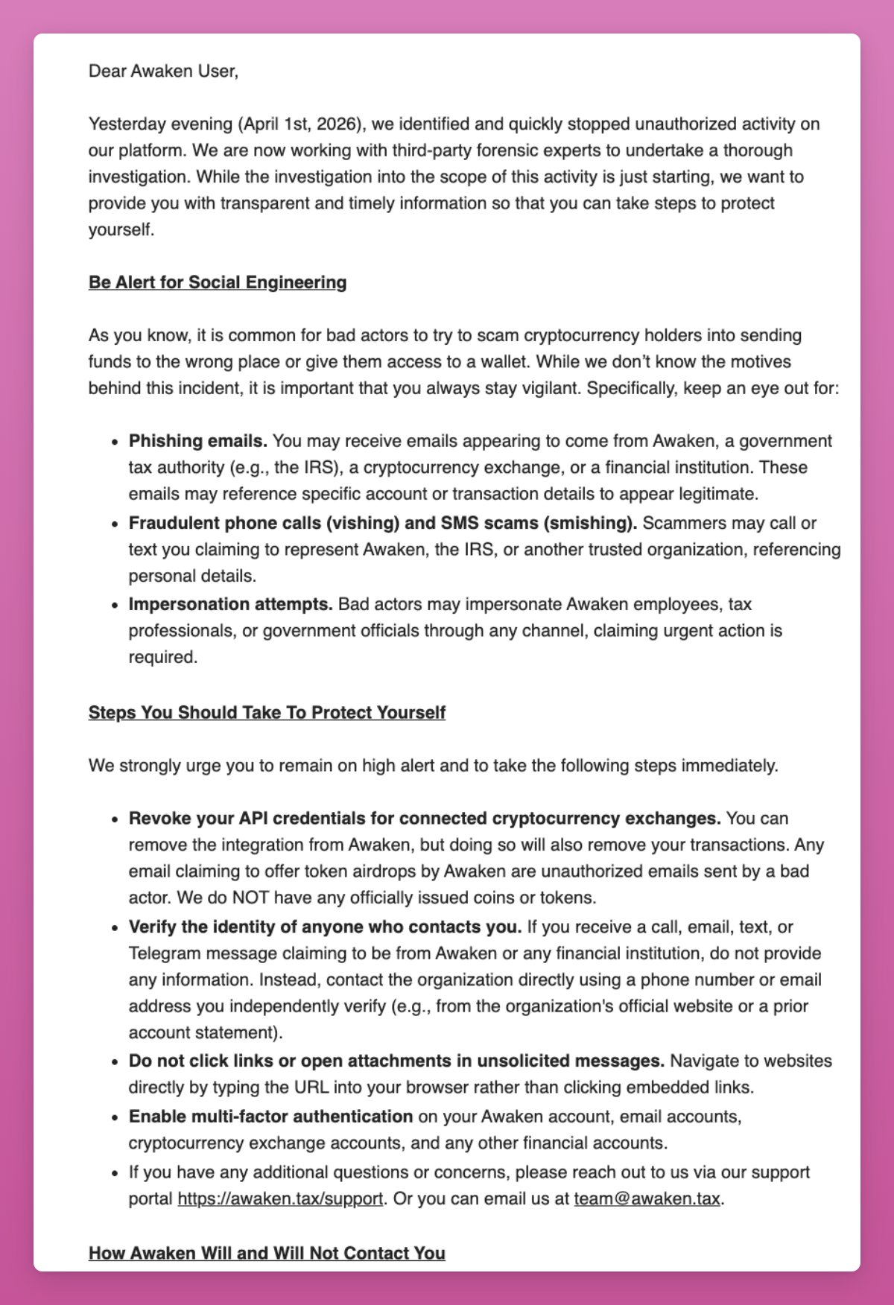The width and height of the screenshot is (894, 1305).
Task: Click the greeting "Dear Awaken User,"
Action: click(x=163, y=72)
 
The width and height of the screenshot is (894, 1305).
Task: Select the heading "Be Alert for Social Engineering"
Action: click(x=218, y=282)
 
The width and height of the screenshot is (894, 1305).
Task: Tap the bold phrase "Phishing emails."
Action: click(x=197, y=441)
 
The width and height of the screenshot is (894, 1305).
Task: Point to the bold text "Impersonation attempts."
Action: click(x=230, y=604)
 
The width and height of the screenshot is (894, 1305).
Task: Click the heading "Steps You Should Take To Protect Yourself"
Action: click(x=267, y=713)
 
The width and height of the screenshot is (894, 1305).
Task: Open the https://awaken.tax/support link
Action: click(x=280, y=1199)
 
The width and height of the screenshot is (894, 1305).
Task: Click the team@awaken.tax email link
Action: click(x=647, y=1199)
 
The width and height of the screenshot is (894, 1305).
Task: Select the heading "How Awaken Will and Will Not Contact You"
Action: click(x=267, y=1254)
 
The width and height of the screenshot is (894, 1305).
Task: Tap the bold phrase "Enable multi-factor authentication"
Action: click(x=270, y=1117)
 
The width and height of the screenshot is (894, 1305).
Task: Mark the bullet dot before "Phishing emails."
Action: click(x=114, y=442)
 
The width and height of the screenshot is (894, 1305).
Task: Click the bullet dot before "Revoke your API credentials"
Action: click(x=114, y=819)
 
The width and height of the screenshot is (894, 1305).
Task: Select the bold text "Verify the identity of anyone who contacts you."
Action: click(x=325, y=927)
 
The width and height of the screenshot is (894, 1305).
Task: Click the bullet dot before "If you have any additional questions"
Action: click(x=114, y=1172)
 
